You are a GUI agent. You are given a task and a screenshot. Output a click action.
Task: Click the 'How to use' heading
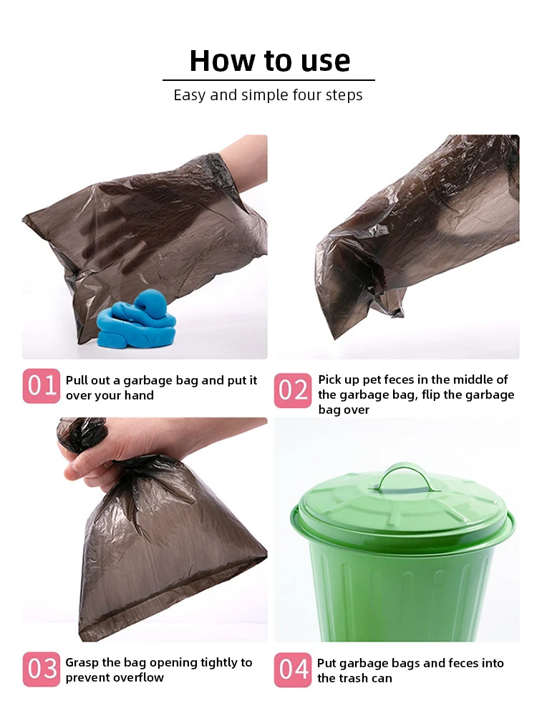270,61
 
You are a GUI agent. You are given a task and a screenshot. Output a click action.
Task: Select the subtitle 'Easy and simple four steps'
268,95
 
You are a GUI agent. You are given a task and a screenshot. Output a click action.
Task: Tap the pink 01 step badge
42,386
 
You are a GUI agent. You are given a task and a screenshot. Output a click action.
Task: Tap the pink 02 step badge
293,390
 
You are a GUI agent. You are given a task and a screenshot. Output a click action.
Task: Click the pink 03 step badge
42,669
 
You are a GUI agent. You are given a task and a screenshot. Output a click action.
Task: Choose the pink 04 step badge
293,670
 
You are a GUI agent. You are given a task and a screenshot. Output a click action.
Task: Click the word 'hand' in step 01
139,395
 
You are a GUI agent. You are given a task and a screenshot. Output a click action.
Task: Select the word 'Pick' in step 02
329,380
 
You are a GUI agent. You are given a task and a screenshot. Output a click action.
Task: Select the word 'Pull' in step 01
76,380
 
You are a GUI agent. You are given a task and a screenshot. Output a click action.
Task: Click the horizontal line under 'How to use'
269,80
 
